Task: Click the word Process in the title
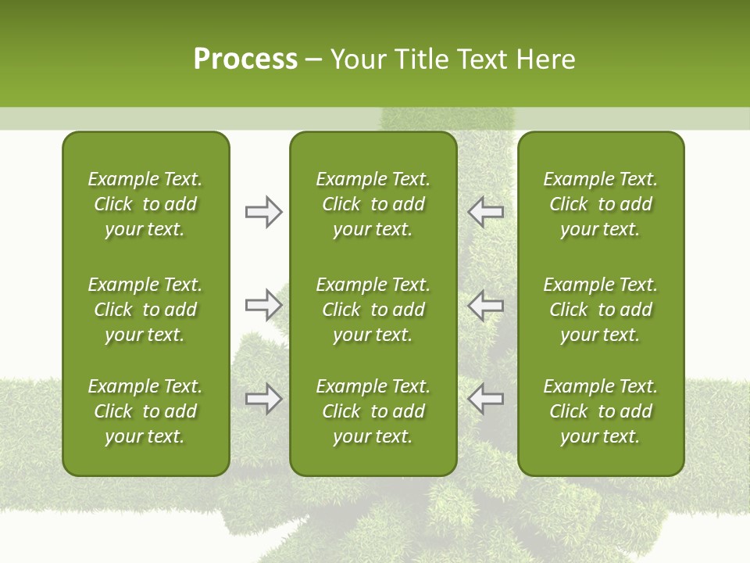point(245,59)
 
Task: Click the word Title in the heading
point(420,59)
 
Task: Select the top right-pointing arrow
point(263,212)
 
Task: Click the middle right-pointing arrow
point(263,305)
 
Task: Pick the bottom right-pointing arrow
point(263,399)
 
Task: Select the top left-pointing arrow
point(485,212)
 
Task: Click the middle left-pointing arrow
point(485,305)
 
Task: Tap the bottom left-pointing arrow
point(485,399)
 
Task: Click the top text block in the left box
point(145,204)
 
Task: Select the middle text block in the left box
point(145,310)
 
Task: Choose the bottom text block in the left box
point(145,411)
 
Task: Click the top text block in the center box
point(373,204)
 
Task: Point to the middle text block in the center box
point(373,310)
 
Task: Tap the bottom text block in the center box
point(373,411)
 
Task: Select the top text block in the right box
point(600,204)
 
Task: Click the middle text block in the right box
point(600,310)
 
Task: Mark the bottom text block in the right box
point(600,411)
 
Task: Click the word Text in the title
point(484,59)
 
